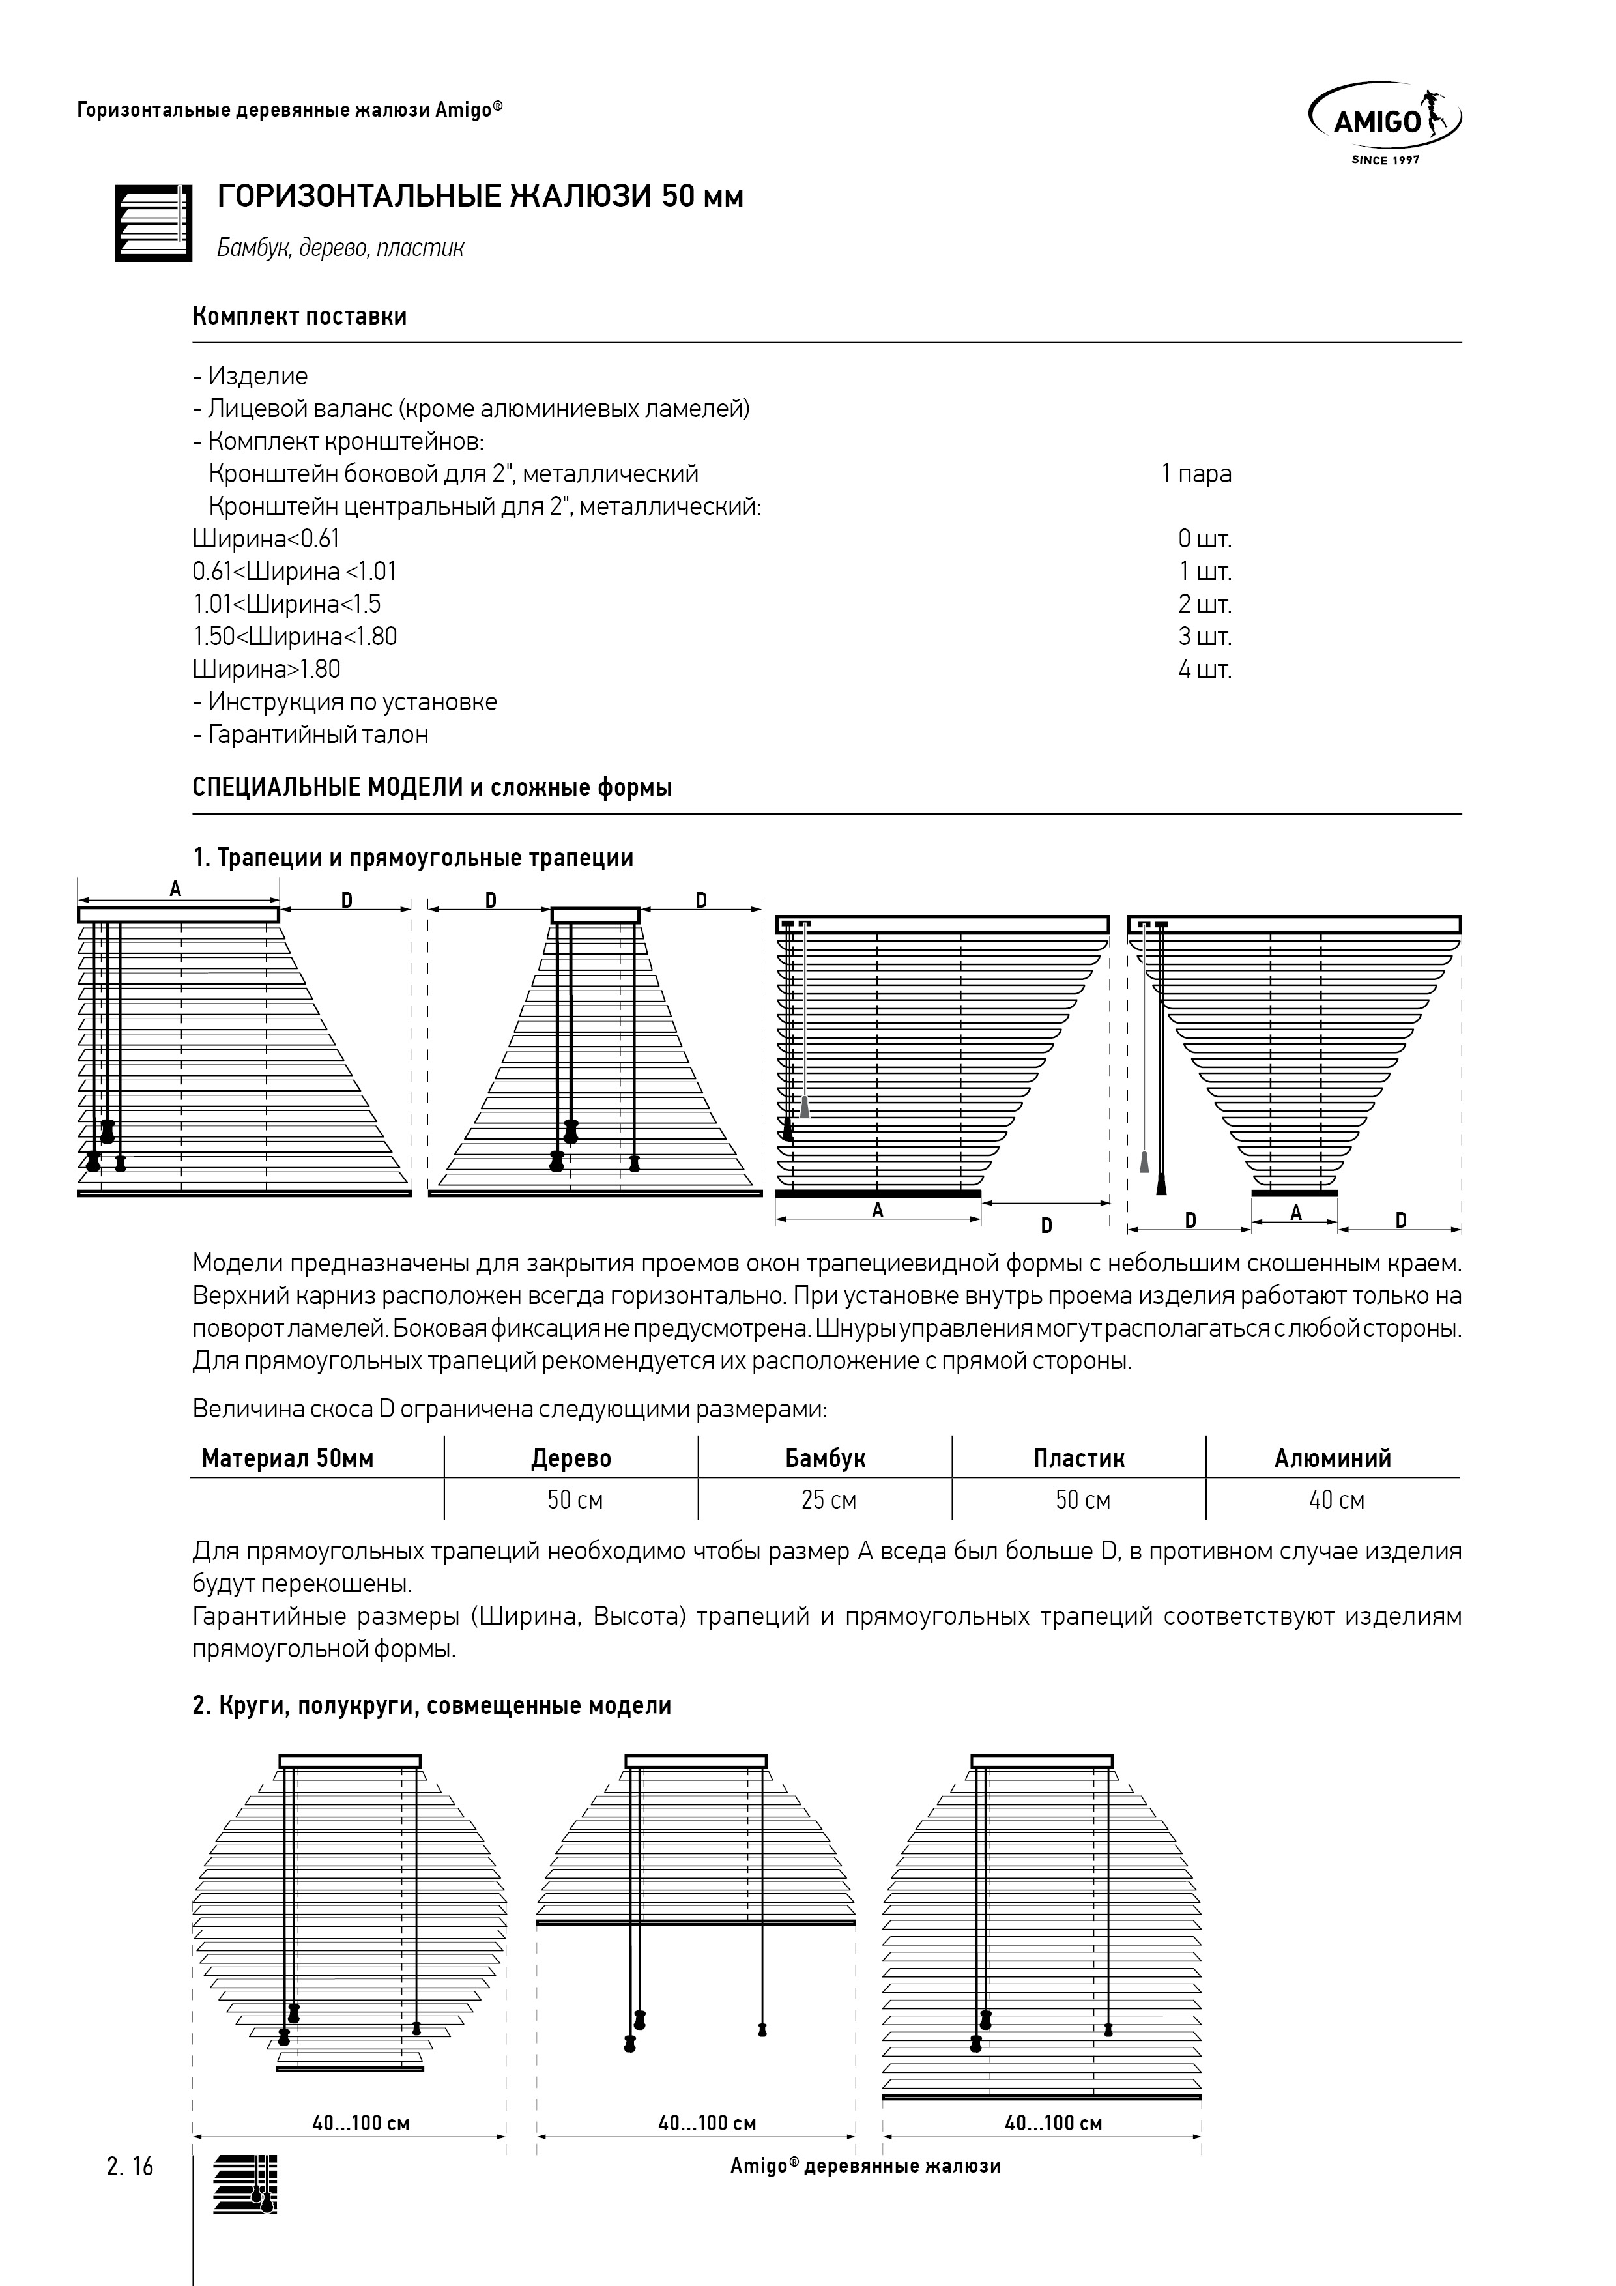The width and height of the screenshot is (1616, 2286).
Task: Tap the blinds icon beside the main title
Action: [153, 223]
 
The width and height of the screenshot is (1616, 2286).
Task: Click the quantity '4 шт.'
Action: [1205, 669]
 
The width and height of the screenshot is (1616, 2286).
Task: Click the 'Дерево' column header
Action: [571, 1458]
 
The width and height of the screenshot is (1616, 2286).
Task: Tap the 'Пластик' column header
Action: [1078, 1458]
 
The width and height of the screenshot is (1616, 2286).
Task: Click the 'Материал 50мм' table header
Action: [288, 1458]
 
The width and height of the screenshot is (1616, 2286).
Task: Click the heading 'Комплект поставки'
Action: [300, 317]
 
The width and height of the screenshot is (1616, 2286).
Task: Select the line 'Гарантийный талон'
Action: [311, 735]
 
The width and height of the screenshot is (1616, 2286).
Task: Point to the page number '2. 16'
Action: [130, 2167]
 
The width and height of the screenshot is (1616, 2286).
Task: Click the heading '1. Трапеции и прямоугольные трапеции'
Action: [413, 858]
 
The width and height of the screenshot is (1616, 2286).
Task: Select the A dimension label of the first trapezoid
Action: [175, 889]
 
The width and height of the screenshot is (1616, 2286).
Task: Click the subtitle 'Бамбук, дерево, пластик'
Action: [341, 248]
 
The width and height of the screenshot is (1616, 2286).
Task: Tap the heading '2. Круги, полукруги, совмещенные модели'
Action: [432, 1705]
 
